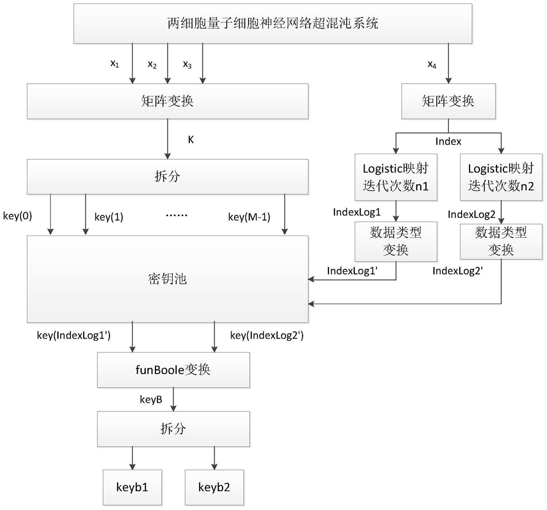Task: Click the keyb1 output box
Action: tap(132, 487)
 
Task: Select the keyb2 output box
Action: tap(214, 487)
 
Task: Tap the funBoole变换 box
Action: tap(173, 370)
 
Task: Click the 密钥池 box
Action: tap(167, 279)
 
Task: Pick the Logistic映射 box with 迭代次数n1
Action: tap(396, 177)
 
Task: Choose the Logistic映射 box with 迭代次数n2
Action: tap(501, 177)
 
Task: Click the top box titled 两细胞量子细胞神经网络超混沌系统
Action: tap(273, 23)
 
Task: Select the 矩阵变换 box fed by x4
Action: tap(448, 101)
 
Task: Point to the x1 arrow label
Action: tap(115, 64)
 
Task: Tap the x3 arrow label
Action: tap(187, 65)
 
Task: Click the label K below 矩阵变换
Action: tap(191, 140)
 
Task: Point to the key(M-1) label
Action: tap(249, 217)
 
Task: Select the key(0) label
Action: tap(17, 216)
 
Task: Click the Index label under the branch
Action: tap(448, 142)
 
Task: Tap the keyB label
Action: tap(151, 399)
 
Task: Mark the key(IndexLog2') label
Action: tap(267, 335)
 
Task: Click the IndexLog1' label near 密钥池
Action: tap(353, 271)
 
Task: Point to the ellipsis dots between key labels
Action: tap(177, 215)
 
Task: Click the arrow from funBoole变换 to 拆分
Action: tap(173, 399)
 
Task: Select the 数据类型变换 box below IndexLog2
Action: tap(501, 242)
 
